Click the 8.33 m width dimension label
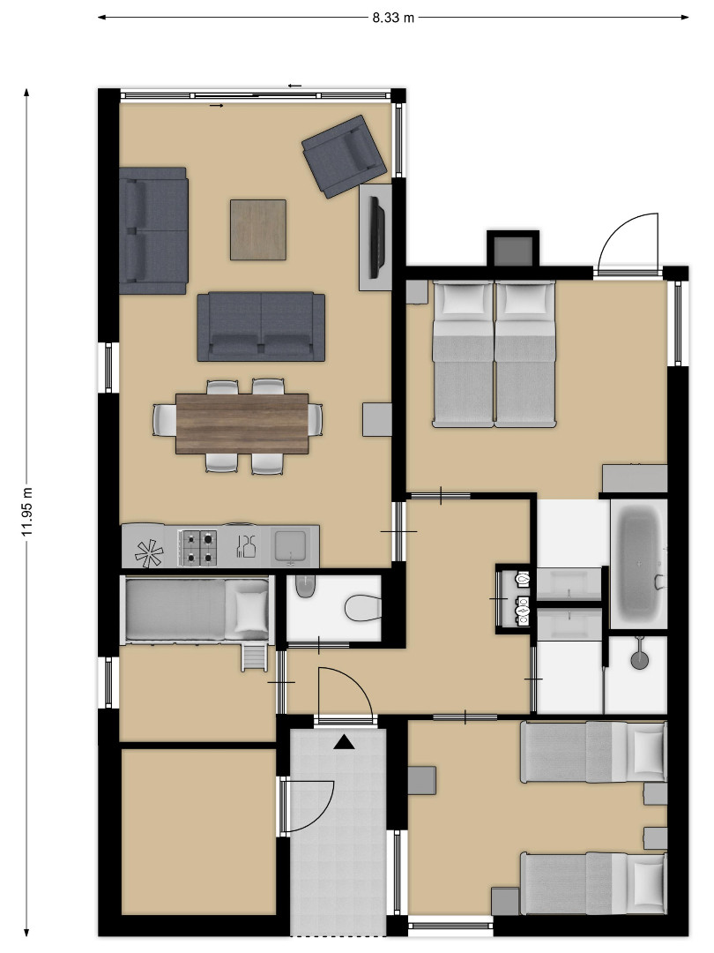point(393,18)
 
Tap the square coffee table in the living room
point(258,229)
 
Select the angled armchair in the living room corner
point(344,156)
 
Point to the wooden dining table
point(242,423)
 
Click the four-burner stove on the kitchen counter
point(197,547)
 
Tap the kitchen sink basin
point(291,545)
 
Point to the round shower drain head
point(639,660)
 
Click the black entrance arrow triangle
point(345,741)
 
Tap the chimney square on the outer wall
point(513,249)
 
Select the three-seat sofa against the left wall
point(153,231)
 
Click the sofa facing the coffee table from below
point(261,327)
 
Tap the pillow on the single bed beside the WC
point(250,612)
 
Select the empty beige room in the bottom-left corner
point(198,831)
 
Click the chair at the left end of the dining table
point(164,420)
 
